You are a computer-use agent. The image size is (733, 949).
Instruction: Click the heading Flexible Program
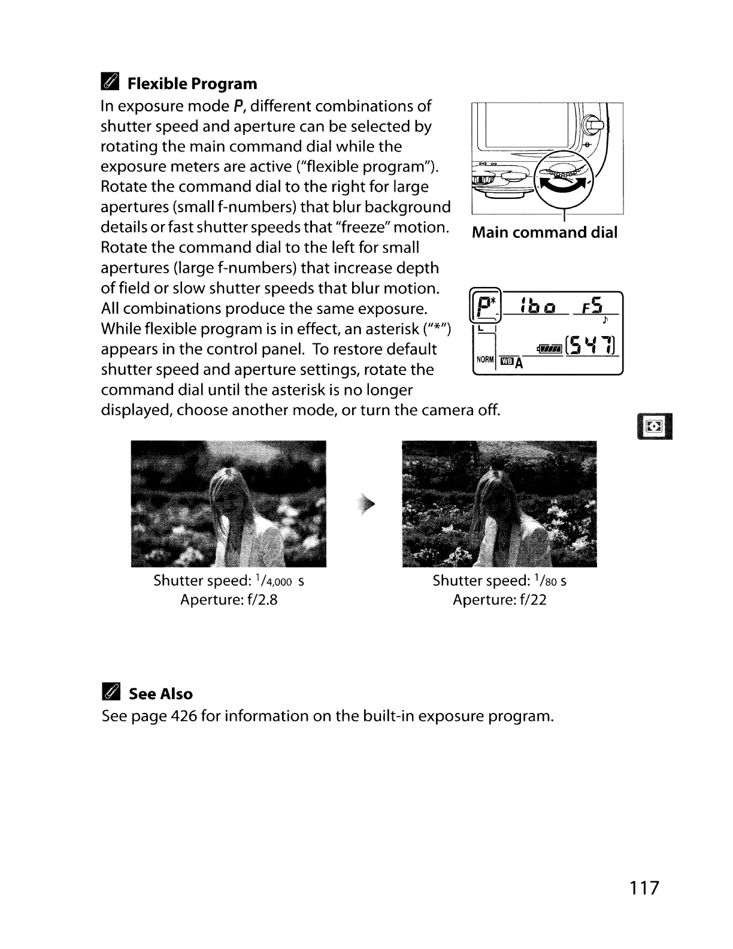(x=192, y=84)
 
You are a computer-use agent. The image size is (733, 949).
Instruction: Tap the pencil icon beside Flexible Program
(x=111, y=84)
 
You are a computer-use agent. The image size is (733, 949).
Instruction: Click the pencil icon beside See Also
(x=111, y=694)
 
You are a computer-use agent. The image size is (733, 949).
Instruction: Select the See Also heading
(x=160, y=694)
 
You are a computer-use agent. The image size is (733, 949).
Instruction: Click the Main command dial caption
(x=544, y=232)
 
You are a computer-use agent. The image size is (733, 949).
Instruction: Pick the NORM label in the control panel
(x=485, y=359)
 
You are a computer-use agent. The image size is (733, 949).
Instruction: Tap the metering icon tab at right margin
(x=655, y=426)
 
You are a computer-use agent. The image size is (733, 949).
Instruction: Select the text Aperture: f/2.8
(x=229, y=600)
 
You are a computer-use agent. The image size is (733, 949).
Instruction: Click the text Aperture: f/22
(x=499, y=600)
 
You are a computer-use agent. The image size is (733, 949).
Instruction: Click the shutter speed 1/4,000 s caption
(x=229, y=581)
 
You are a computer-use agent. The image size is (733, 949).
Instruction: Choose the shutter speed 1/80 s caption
(x=499, y=581)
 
